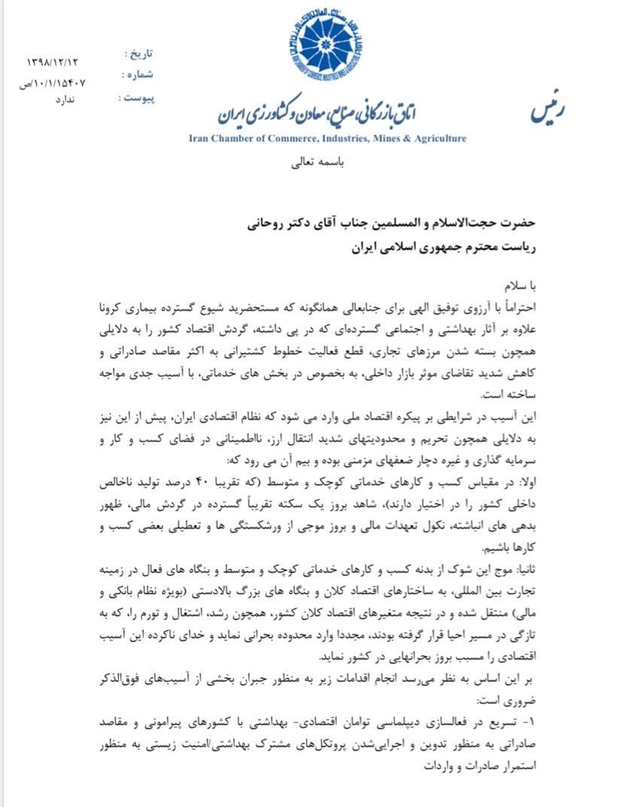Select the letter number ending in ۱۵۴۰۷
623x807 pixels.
point(53,82)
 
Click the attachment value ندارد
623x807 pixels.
point(65,99)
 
